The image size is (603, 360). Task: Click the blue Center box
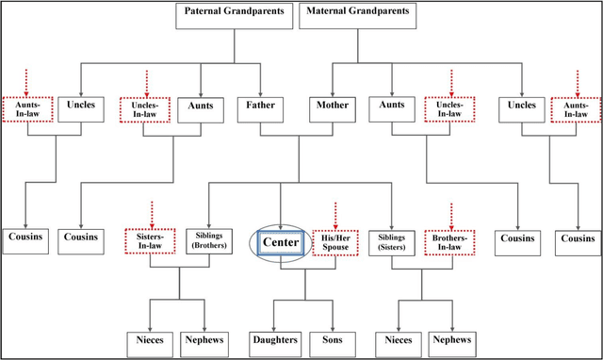[281, 243]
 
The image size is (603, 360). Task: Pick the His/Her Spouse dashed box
[335, 243]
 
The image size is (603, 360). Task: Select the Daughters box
[274, 340]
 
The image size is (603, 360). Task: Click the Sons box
[333, 340]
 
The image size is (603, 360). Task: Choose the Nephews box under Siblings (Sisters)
[452, 340]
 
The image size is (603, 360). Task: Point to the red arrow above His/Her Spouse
[335, 213]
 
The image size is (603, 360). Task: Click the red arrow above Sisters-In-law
[150, 213]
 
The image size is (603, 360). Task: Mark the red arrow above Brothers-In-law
[450, 214]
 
